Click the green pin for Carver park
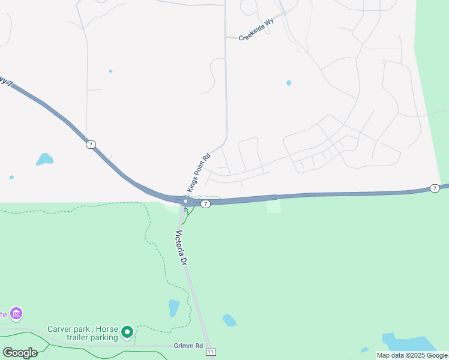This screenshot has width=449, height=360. tap(127, 331)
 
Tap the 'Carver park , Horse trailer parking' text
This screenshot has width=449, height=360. tap(83, 333)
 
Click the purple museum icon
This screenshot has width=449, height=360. tap(16, 313)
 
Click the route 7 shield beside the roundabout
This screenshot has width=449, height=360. tap(205, 204)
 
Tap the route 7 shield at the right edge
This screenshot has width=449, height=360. tap(435, 188)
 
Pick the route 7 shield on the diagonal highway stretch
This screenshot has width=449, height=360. tap(90, 145)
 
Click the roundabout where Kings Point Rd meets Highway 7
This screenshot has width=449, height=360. tap(186, 201)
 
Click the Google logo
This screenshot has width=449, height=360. tap(20, 352)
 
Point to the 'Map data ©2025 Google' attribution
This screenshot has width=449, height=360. tap(412, 355)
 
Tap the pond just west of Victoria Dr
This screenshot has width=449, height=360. tap(173, 308)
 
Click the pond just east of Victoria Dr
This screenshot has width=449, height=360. tap(229, 320)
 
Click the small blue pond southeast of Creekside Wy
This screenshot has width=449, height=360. tap(289, 83)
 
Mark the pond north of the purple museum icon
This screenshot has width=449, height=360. tap(44, 159)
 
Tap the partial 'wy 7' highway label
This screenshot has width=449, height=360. tap(6, 82)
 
